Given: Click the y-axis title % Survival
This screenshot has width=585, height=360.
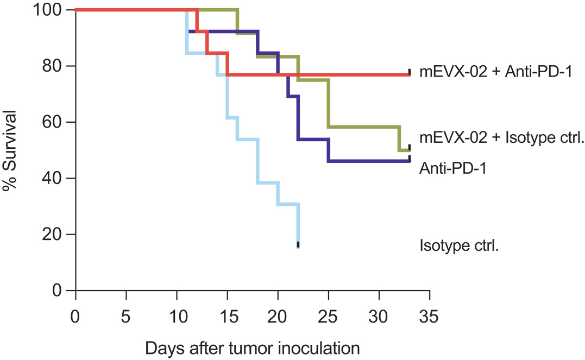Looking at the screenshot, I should point(10,150).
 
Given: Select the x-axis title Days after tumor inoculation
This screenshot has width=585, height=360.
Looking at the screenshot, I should point(253,346).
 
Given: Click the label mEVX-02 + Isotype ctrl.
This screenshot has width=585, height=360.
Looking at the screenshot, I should point(501,137).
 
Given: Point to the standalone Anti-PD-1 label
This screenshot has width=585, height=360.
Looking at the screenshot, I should point(452,168).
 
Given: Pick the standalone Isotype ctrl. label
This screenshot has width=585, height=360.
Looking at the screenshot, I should point(459,245).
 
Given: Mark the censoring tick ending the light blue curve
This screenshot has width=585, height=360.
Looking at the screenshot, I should point(298,244).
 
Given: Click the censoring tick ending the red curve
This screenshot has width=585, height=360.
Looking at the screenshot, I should point(410,72).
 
